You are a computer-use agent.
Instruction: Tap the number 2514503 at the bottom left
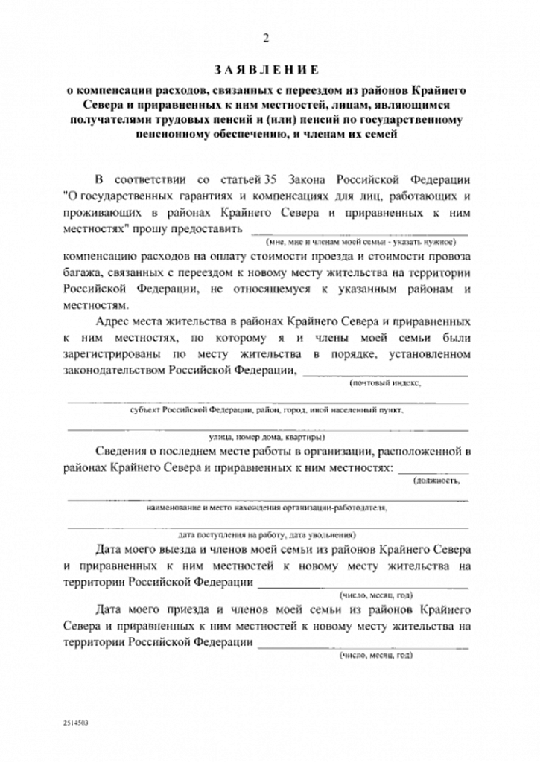[77, 722]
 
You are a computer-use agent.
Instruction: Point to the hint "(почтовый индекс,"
[385, 384]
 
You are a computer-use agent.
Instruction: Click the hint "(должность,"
[437, 481]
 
